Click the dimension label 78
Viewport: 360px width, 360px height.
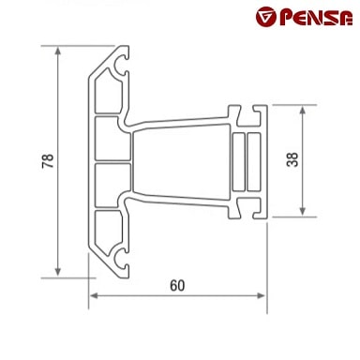click(48, 161)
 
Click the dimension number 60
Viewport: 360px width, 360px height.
click(177, 285)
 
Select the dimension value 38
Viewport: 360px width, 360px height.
click(292, 159)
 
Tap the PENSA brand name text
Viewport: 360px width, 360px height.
click(316, 18)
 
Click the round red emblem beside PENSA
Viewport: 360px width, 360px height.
click(266, 17)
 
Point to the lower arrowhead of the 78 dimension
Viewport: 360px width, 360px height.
click(58, 272)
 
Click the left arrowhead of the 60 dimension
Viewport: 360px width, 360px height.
click(94, 295)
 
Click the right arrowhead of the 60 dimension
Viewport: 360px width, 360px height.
click(261, 295)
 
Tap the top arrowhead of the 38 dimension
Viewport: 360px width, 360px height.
click(302, 111)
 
